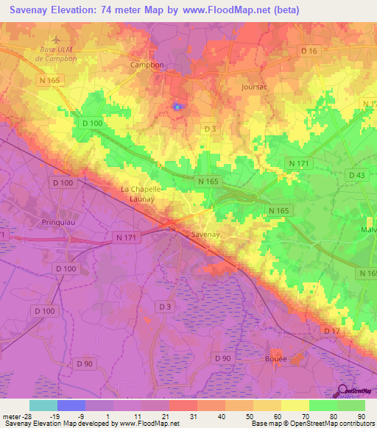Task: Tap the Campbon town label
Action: click(x=147, y=65)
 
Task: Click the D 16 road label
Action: click(x=309, y=51)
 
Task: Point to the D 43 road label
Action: click(x=356, y=174)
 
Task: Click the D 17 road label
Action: click(x=331, y=332)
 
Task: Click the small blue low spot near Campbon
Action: click(x=177, y=107)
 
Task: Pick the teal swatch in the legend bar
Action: click(x=43, y=405)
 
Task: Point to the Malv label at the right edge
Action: click(x=368, y=229)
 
